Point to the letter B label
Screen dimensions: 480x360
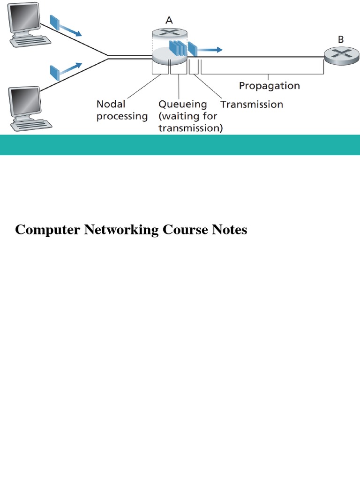click(x=341, y=40)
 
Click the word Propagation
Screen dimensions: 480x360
click(x=269, y=86)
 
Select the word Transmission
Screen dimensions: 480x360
click(x=252, y=104)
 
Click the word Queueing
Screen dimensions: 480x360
click(x=183, y=104)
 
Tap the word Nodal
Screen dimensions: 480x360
click(x=111, y=104)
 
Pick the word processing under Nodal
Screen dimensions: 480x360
click(x=122, y=116)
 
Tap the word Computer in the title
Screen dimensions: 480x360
click(x=45, y=230)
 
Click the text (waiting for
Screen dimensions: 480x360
click(x=187, y=116)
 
